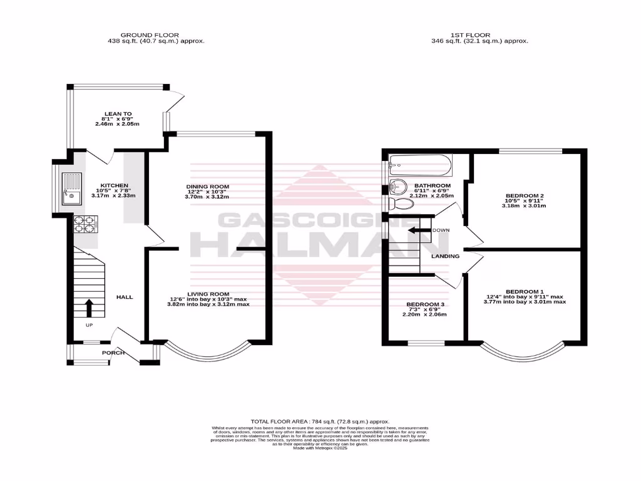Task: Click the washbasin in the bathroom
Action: tap(396, 187)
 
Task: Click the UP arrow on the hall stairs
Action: tap(88, 308)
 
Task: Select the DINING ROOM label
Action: tap(207, 187)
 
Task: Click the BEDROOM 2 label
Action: tap(525, 196)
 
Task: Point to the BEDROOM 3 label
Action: tap(425, 304)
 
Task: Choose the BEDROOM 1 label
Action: tap(525, 292)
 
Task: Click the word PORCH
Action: tap(113, 353)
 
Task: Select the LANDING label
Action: tap(446, 256)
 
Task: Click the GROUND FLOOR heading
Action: tap(150, 35)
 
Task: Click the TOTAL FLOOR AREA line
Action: tap(320, 422)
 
